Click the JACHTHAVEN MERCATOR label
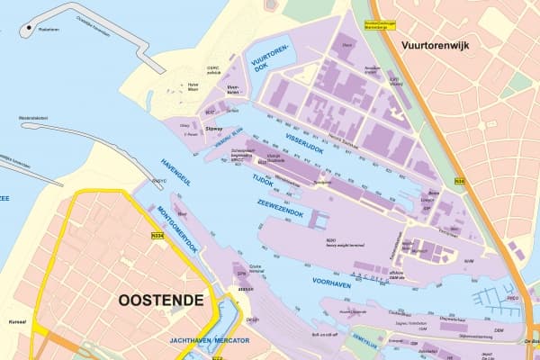pos(208,341)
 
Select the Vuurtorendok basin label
pos(267,59)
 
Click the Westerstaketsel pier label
pos(34,117)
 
